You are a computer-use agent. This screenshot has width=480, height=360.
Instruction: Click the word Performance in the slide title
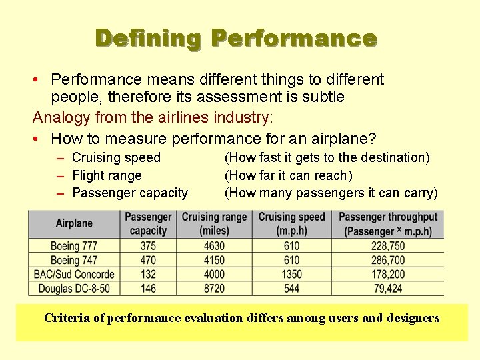click(294, 38)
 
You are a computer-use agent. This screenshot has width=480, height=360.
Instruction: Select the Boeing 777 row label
click(74, 246)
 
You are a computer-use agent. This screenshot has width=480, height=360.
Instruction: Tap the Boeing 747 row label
click(74, 260)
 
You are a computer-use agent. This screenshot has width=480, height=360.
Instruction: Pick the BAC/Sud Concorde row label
click(74, 274)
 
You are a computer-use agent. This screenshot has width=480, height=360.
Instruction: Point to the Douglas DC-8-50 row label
click(74, 288)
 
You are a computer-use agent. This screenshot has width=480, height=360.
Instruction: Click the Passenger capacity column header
click(148, 223)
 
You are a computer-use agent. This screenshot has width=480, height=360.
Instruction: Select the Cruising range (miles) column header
click(214, 223)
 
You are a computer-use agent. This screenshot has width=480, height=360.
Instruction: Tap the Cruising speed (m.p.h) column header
click(291, 223)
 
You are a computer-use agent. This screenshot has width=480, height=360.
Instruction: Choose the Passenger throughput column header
click(388, 223)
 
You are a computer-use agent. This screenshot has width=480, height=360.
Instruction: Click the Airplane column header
click(74, 223)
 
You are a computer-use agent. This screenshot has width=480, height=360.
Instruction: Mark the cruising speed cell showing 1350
click(291, 274)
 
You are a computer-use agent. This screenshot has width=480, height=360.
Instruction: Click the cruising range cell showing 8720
click(214, 288)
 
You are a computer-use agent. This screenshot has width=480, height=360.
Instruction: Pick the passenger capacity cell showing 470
click(148, 260)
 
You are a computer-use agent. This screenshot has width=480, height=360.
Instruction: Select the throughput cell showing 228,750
click(388, 246)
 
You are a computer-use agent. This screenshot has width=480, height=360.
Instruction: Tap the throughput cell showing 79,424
click(388, 288)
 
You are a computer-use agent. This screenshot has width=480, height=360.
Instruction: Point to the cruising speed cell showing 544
click(291, 288)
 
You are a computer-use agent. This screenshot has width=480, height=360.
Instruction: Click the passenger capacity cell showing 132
click(148, 274)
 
